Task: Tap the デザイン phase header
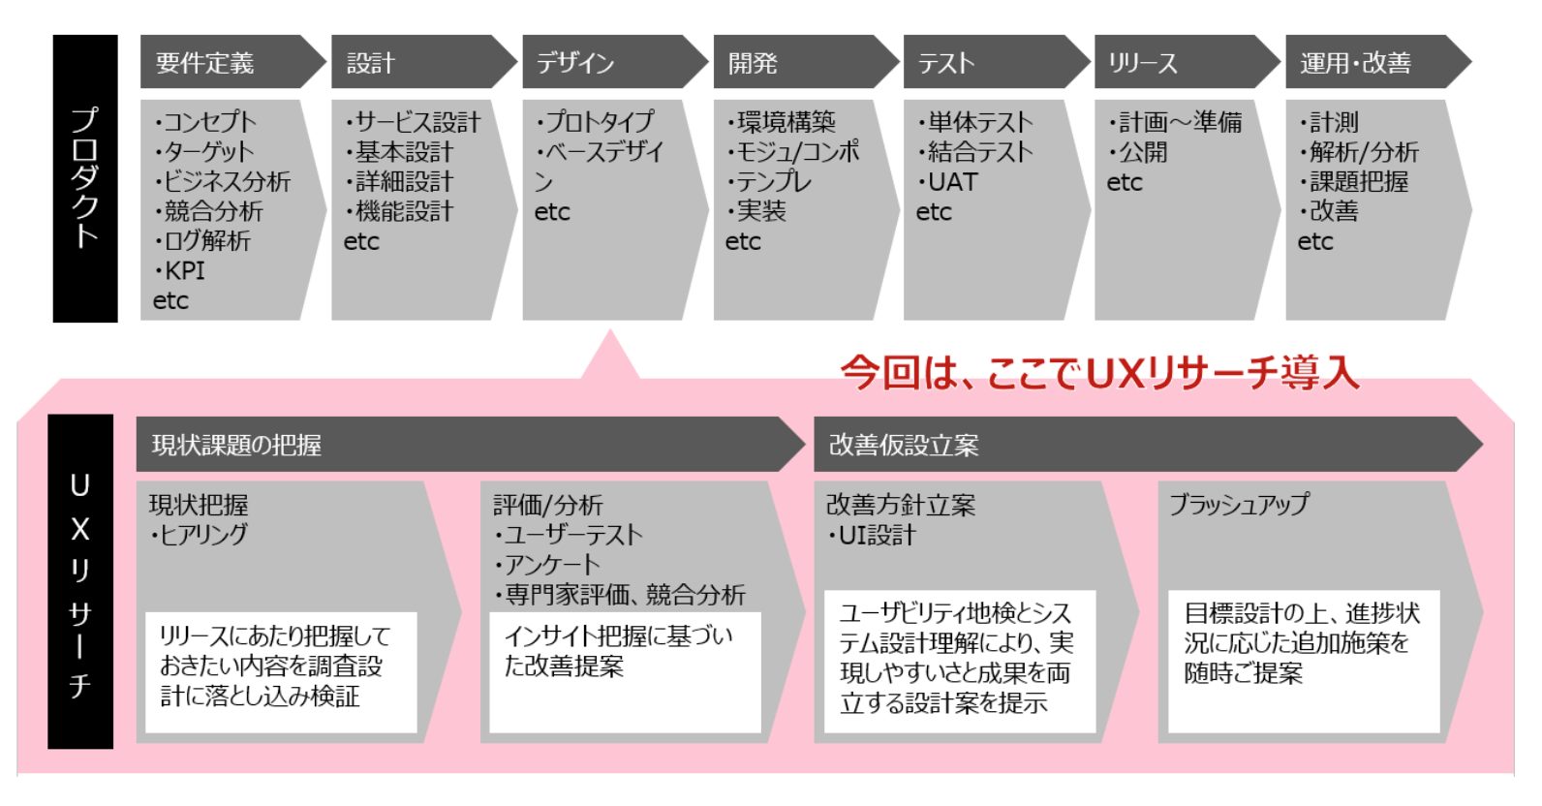tap(610, 63)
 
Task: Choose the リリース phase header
tap(1182, 63)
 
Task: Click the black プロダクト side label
tap(85, 178)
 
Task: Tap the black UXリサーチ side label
tap(80, 581)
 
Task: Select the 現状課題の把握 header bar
tap(465, 445)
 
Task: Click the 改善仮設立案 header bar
tap(1143, 445)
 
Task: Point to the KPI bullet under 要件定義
tap(182, 270)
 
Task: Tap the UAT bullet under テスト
tap(949, 182)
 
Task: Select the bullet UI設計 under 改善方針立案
tap(873, 535)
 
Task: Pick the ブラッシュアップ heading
tap(1239, 505)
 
